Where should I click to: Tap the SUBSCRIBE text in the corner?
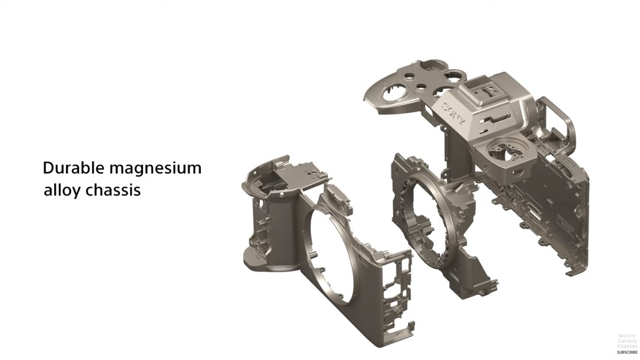click(627, 352)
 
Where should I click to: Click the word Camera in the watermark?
click(627, 341)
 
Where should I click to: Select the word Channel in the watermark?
click(627, 346)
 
